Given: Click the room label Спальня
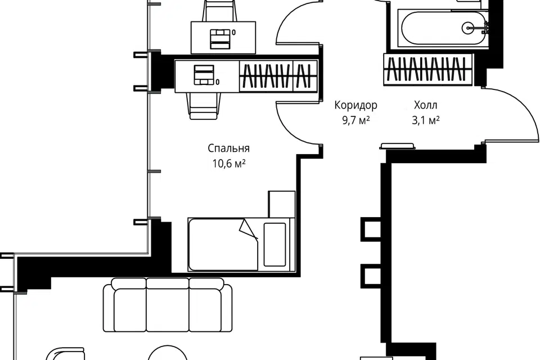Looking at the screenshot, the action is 228,148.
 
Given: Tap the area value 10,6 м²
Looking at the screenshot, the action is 229,164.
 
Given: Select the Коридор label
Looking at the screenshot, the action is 355,105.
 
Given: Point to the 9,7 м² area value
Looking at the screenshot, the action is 356,120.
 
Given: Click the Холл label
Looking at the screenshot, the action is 426,105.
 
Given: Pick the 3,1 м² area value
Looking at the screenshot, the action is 426,120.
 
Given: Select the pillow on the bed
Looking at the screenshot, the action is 274,245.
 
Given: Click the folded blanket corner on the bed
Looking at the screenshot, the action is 249,228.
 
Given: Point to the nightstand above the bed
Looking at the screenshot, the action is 282,204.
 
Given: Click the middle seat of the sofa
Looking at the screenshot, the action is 168,305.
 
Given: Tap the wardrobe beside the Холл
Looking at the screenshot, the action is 429,69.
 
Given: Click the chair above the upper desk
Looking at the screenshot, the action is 220,11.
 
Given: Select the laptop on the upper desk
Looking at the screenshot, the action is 220,38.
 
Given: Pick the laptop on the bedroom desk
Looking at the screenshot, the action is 204,74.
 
